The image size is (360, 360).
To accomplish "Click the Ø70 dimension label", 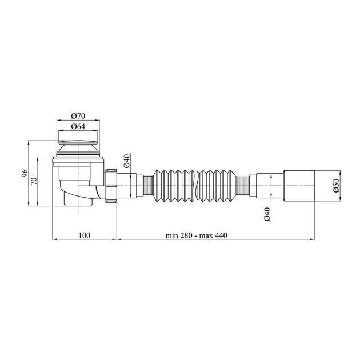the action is (78, 116).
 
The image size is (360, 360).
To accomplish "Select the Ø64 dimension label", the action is (78, 126).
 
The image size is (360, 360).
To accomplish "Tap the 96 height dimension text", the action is (25, 173).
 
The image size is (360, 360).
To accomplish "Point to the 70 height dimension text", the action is (34, 181).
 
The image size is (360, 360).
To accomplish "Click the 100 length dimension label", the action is (85, 235).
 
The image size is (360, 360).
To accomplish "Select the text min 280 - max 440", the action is (197, 235).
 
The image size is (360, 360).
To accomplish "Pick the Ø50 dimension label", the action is (336, 186).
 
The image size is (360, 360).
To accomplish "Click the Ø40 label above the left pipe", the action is (127, 161).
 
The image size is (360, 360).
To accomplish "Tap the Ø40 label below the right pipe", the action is (267, 214).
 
